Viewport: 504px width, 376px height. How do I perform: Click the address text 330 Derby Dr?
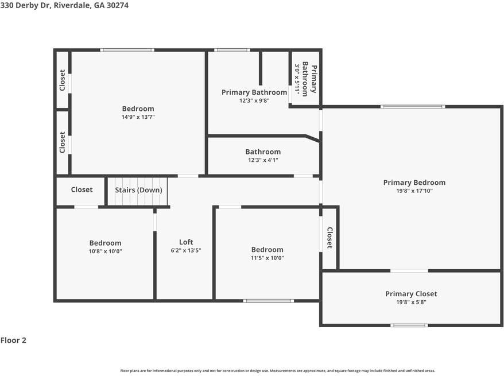[25, 5]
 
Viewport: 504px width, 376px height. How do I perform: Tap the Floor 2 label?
[13, 340]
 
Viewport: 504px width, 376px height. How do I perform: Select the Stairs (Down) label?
[138, 190]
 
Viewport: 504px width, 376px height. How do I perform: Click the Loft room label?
[186, 242]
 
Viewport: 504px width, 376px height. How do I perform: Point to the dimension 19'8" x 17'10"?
[414, 191]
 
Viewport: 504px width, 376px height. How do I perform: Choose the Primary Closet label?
[411, 294]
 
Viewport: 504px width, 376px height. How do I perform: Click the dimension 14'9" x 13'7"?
[138, 117]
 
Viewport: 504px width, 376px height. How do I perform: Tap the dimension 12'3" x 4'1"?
[263, 160]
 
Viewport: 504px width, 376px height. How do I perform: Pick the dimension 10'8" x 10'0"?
[106, 251]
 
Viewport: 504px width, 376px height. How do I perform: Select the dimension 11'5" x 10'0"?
[267, 258]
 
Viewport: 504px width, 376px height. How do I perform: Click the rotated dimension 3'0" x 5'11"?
[297, 79]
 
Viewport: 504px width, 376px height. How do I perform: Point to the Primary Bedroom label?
[414, 183]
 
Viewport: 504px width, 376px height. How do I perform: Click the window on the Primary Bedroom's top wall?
[413, 106]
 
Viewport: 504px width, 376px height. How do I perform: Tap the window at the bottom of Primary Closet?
[409, 325]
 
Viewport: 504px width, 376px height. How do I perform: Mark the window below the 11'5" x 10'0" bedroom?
[269, 301]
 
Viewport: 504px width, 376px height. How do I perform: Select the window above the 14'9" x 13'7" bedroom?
[127, 50]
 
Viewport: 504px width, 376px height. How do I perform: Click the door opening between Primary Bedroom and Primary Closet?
[409, 270]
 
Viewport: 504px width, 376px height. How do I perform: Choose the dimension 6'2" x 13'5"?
[186, 250]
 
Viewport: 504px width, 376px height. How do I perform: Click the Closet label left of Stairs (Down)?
[82, 189]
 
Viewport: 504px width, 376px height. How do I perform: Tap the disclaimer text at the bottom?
[278, 371]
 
